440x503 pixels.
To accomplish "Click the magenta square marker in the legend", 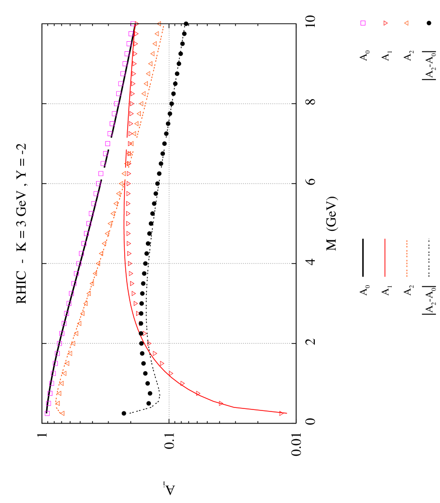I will pos(363,23).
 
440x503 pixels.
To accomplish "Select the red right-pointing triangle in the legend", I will pos(386,23).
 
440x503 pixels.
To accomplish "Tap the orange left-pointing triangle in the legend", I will pos(406,23).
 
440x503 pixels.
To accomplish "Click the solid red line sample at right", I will pos(385,258).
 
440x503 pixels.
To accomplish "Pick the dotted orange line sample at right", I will pos(406,258).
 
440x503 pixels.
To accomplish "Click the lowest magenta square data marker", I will pos(47,413).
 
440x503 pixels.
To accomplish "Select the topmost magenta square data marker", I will pos(133,24).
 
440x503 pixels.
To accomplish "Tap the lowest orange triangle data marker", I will pos(61,413).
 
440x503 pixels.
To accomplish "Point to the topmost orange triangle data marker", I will pos(159,24).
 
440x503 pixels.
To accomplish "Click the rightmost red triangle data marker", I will pos(281,413).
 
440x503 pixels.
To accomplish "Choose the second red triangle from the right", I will pos(221,403).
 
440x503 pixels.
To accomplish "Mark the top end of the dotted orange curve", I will pos(164,27).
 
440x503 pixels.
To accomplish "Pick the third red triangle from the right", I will pos(198,393).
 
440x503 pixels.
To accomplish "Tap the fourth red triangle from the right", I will pos(183,383).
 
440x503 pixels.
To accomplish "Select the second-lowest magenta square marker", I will pos(48,403).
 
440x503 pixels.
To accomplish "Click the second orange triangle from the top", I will pos(156,34).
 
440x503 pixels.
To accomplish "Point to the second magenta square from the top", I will pos(131,34).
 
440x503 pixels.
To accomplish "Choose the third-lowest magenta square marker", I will pos(50,393).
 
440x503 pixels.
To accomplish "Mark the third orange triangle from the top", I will pos(154,44).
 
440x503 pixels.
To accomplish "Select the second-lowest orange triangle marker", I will pos(57,403).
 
